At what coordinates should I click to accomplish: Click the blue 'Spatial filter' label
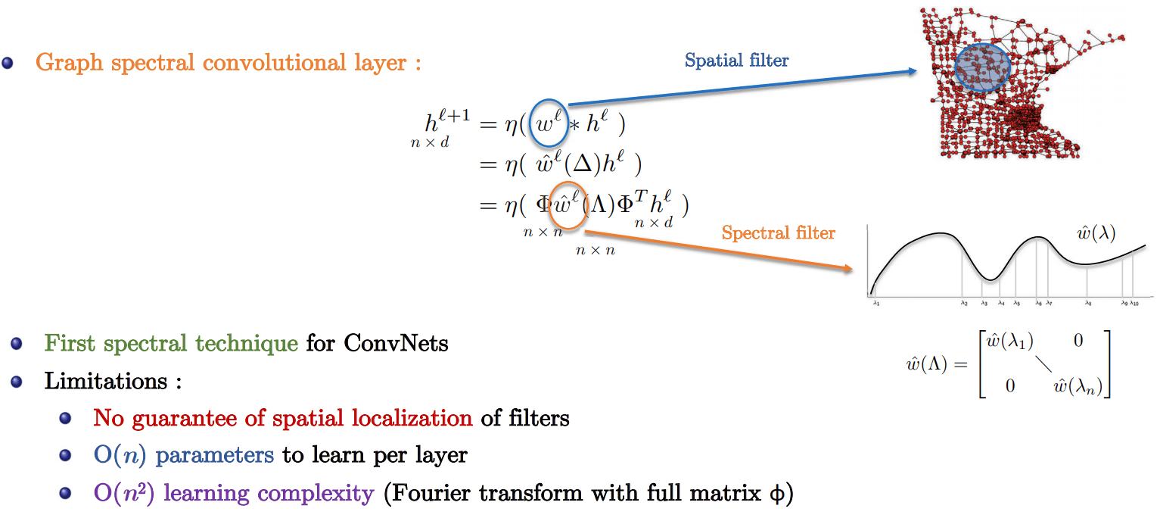click(x=736, y=61)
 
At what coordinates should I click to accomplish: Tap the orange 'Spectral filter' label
click(x=778, y=233)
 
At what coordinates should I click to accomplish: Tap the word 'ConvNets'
click(x=396, y=344)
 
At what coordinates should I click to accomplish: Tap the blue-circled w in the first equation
click(x=546, y=123)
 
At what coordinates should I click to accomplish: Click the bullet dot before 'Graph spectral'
click(x=8, y=63)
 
